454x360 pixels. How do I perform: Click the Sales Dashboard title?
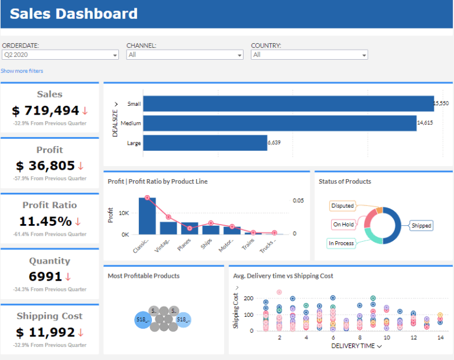(73, 14)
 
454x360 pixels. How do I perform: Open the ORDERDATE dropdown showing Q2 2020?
(60, 54)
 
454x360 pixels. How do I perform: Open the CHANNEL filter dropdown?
(184, 54)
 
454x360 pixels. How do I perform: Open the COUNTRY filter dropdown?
(309, 54)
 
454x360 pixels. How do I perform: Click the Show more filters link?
(22, 71)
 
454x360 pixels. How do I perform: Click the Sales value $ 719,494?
(46, 111)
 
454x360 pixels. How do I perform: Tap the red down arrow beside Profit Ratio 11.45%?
(77, 222)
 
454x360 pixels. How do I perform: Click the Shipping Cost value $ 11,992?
(46, 332)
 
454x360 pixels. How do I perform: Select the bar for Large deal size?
(205, 142)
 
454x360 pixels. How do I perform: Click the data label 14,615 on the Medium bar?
(425, 123)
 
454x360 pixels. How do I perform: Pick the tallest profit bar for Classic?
(147, 216)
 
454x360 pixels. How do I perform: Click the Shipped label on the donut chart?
(421, 225)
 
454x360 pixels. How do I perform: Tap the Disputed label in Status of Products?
(343, 206)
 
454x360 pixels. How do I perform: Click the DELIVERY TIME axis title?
(352, 346)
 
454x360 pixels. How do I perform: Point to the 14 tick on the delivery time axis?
(439, 338)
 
